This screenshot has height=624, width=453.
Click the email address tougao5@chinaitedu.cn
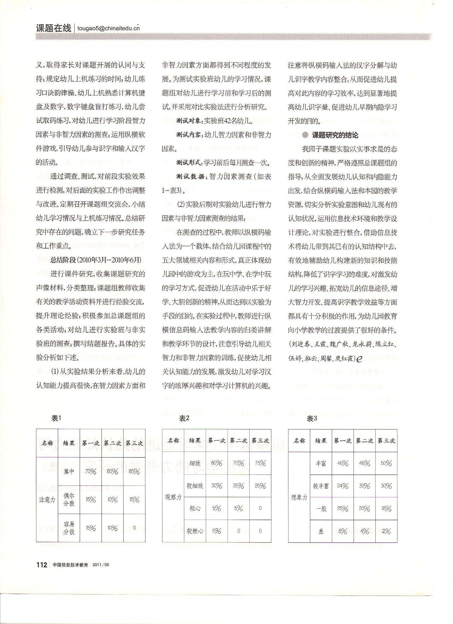[x=108, y=28]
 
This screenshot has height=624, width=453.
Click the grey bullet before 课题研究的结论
[x=305, y=135]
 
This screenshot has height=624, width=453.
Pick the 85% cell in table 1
[x=134, y=472]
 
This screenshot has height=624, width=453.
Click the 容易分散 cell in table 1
[x=69, y=528]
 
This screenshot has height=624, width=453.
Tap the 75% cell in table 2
[x=260, y=463]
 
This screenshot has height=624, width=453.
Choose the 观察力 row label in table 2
[x=173, y=497]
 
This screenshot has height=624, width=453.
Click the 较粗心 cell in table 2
[x=195, y=531]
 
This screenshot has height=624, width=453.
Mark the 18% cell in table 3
[x=386, y=509]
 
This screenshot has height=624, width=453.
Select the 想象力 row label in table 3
[x=299, y=497]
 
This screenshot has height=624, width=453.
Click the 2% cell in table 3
[x=386, y=531]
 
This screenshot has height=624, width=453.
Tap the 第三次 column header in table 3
[x=386, y=441]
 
